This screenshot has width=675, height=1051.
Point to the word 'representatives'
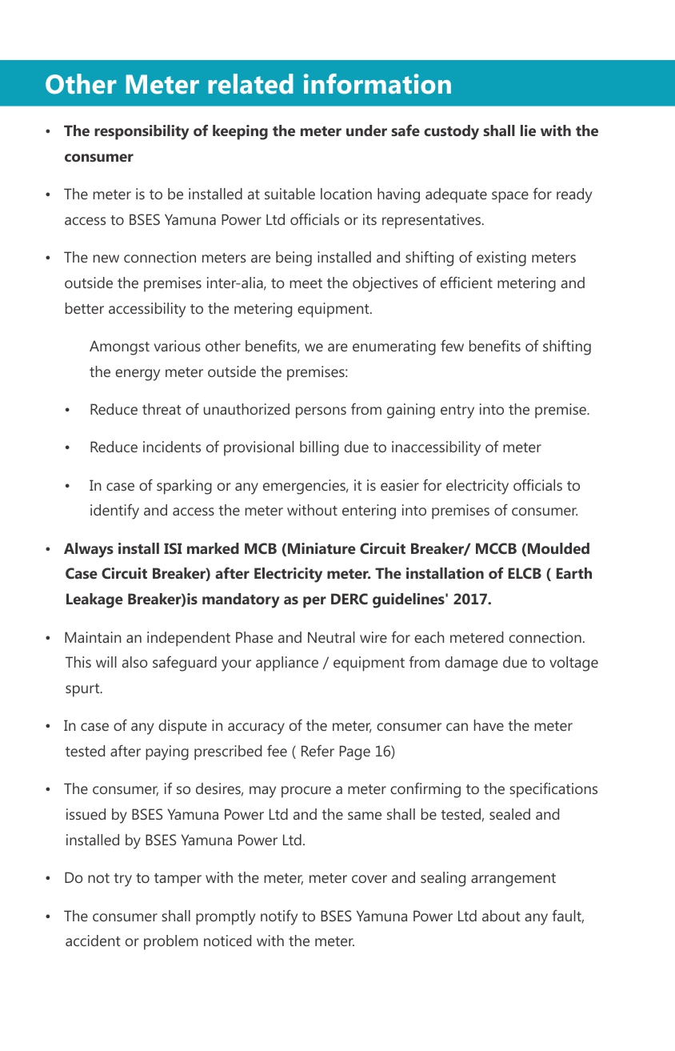point(433,219)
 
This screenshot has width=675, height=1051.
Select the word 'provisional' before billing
point(244,447)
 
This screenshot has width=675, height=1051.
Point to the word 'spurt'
point(82,688)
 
